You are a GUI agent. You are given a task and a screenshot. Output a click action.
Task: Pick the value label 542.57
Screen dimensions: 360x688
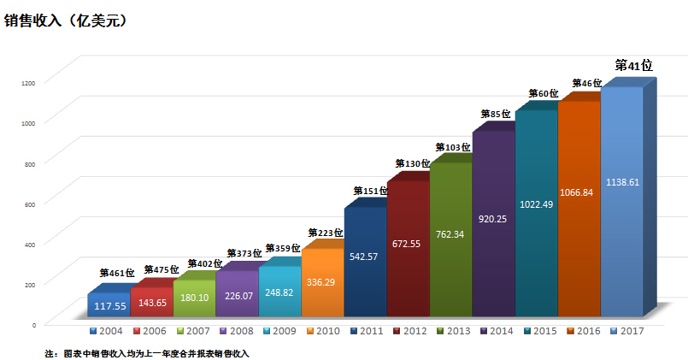[365, 256]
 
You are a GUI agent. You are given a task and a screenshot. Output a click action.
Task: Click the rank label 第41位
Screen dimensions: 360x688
[634, 66]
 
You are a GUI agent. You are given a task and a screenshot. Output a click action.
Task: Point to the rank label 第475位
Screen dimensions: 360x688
[162, 270]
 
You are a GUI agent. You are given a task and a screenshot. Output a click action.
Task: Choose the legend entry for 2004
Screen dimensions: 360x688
[107, 330]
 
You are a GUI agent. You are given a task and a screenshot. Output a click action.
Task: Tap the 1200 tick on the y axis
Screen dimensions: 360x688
[29, 82]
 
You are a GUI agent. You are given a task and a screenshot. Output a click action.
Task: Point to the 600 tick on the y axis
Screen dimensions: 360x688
[30, 204]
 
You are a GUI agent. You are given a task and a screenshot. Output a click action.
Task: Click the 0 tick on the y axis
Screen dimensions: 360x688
[33, 325]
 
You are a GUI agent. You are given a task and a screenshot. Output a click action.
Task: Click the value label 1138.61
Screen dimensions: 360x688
[621, 182]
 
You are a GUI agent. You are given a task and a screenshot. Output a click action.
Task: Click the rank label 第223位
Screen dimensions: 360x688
[326, 233]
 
